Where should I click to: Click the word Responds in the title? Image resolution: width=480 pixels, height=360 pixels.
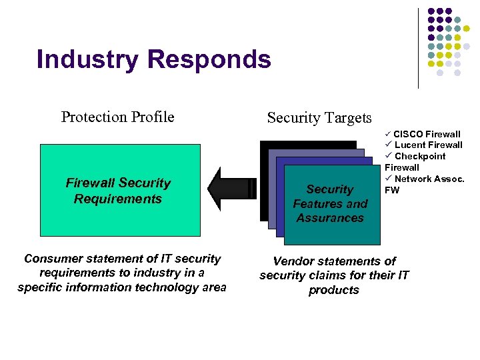(x=209, y=59)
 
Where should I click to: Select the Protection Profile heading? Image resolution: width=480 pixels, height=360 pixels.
(x=118, y=117)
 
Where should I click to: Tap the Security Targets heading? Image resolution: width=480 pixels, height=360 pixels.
(x=319, y=118)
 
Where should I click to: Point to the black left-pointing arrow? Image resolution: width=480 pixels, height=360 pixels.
(x=230, y=189)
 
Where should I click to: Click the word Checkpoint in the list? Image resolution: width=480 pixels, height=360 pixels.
(x=420, y=156)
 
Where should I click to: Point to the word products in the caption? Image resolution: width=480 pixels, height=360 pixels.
(x=333, y=290)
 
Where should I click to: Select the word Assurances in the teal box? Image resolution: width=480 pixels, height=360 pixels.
(x=330, y=218)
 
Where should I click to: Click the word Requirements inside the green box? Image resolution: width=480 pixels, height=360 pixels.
(x=118, y=199)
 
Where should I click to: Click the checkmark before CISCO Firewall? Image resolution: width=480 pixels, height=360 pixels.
(x=388, y=134)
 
